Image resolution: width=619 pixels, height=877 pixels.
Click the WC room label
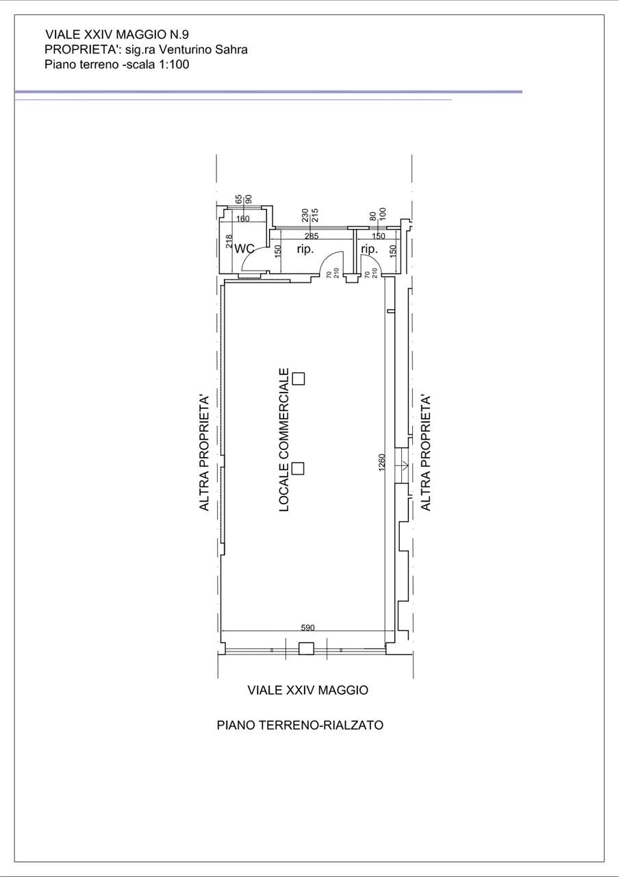click(x=244, y=249)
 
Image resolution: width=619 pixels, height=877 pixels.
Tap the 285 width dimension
click(x=312, y=236)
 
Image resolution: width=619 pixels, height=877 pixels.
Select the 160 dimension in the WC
click(x=243, y=219)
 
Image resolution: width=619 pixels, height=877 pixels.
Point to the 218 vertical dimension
click(x=229, y=241)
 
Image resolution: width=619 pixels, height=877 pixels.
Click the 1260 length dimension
click(x=382, y=462)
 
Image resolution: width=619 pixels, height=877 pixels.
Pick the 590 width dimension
click(x=307, y=628)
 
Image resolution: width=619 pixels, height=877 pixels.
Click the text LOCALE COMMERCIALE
click(x=284, y=440)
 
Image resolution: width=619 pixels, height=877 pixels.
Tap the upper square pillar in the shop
click(x=299, y=379)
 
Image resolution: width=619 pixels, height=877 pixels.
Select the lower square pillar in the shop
click(x=298, y=469)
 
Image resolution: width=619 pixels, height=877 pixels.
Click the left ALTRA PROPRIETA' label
click(x=204, y=453)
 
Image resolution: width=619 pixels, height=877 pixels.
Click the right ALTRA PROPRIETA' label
click(x=425, y=453)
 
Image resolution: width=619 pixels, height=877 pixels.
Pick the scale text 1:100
click(x=173, y=64)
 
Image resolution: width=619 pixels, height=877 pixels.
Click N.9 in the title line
click(x=179, y=34)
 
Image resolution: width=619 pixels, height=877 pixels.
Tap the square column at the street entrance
click(x=306, y=648)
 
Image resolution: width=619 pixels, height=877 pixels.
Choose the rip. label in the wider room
click(x=305, y=249)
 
